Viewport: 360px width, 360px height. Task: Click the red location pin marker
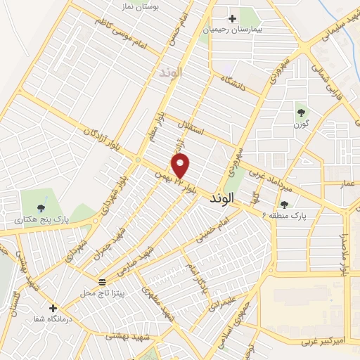[x=181, y=166]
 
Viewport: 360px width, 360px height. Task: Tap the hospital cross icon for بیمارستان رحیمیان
[x=232, y=18]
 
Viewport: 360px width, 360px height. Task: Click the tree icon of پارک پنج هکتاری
[x=41, y=207]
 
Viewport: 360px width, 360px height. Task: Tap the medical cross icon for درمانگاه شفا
[x=53, y=307]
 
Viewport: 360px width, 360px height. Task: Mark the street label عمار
[x=347, y=182]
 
